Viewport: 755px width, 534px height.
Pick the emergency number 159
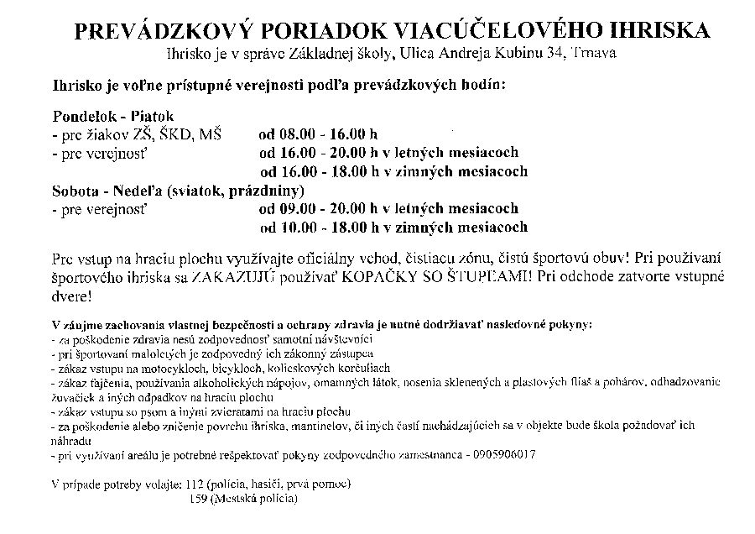[x=202, y=500]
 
